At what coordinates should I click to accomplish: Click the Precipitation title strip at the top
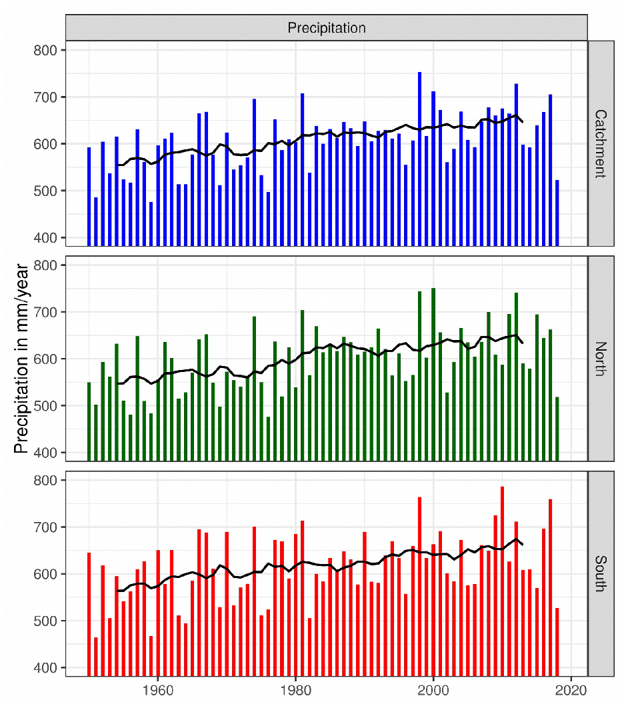tap(326, 28)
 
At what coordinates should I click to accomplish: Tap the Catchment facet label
tap(600, 143)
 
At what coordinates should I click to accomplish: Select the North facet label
tap(600, 359)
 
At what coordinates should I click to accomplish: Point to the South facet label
tap(600, 573)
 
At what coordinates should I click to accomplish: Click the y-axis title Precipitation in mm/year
tap(21, 359)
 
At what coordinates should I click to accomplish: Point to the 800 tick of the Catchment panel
tap(51, 50)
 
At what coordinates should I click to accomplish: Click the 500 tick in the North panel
tap(51, 406)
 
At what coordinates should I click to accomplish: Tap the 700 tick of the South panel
tap(51, 527)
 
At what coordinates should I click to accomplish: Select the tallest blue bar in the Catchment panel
tap(419, 160)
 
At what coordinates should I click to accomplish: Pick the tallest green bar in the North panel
tap(433, 373)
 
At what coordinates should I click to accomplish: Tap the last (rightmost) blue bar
tap(557, 213)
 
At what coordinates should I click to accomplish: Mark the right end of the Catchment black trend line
tap(523, 122)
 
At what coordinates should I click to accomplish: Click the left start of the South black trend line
tap(117, 591)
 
